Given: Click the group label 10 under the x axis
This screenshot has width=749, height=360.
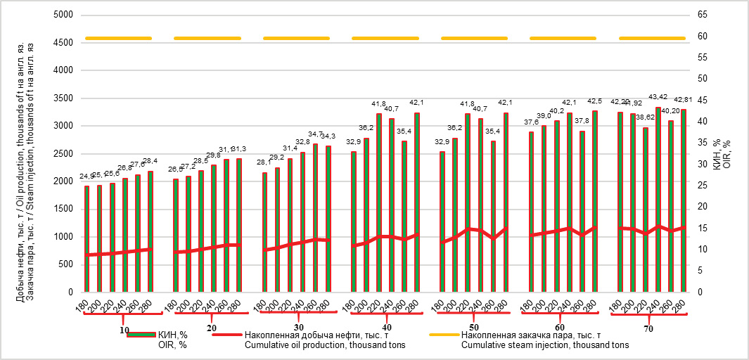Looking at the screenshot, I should (124, 329).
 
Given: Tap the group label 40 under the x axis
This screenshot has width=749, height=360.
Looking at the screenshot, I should (387, 328).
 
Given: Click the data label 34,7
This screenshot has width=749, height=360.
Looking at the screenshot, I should (315, 134).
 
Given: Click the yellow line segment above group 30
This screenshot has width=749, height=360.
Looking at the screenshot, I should (296, 38).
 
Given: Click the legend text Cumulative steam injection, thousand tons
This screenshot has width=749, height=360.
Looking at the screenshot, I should (545, 345).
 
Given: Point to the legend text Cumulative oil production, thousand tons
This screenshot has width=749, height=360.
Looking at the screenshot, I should (326, 345).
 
